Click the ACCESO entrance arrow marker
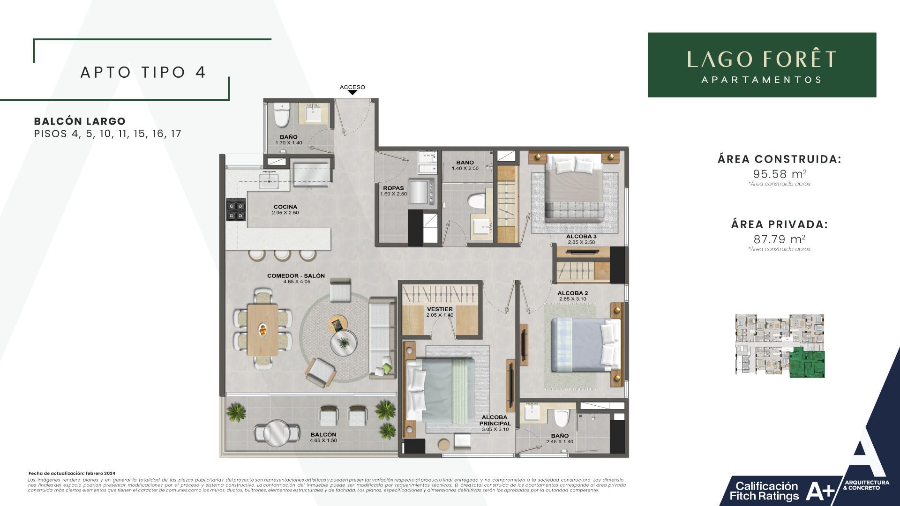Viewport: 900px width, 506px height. coord(352,92)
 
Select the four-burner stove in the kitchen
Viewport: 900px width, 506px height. coord(236,210)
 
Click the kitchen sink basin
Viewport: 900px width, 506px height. coord(270,179)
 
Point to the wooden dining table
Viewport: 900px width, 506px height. coord(262,329)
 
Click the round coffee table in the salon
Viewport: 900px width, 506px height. coord(344,344)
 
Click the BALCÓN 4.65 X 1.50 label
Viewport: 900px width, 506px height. coord(323,437)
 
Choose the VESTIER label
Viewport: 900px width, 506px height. coord(440,312)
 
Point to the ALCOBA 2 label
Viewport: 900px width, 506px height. coord(572,296)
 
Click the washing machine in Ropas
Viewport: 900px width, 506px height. coord(423,191)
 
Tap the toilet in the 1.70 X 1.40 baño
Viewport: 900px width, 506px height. coord(282,116)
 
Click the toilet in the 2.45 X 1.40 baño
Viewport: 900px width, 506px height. coord(561,417)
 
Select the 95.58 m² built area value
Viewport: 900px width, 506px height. coord(780,174)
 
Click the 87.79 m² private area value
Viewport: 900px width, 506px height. coord(780,239)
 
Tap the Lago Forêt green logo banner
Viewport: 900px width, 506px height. coord(762,65)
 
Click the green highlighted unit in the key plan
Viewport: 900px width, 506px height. coord(806,363)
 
